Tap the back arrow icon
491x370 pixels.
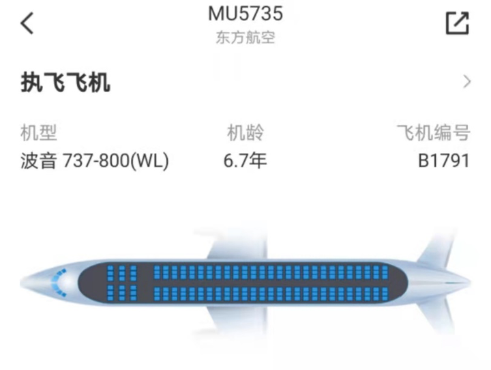pyautogui.click(x=27, y=23)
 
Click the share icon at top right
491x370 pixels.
pyautogui.click(x=457, y=23)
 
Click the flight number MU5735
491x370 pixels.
pyautogui.click(x=245, y=13)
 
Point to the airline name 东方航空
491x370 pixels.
pyautogui.click(x=245, y=38)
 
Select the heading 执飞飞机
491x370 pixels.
pyautogui.click(x=65, y=83)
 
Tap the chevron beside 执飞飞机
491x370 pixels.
pyautogui.click(x=467, y=83)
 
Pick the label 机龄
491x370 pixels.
pyautogui.click(x=245, y=132)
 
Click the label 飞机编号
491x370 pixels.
pyautogui.click(x=434, y=132)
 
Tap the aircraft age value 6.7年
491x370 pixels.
pyautogui.click(x=245, y=161)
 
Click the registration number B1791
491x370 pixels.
pyautogui.click(x=444, y=161)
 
